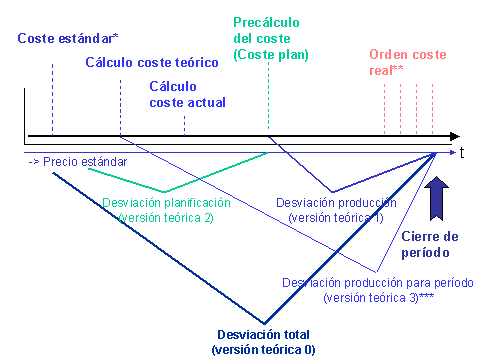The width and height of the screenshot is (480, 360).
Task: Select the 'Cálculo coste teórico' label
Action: pyautogui.click(x=151, y=62)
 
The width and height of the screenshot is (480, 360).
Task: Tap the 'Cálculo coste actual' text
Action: pyautogui.click(x=187, y=94)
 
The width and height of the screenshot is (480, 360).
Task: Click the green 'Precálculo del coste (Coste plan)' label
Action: pyautogui.click(x=270, y=37)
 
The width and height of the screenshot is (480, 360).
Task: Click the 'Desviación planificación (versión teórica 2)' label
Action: pyautogui.click(x=166, y=210)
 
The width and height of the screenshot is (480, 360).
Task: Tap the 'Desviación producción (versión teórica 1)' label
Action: pyautogui.click(x=335, y=210)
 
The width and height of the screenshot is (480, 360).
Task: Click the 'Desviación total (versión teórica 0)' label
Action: pyautogui.click(x=263, y=341)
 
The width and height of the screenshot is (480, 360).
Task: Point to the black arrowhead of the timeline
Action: pyautogui.click(x=454, y=135)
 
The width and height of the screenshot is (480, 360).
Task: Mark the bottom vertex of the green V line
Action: pyautogui.click(x=165, y=191)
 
